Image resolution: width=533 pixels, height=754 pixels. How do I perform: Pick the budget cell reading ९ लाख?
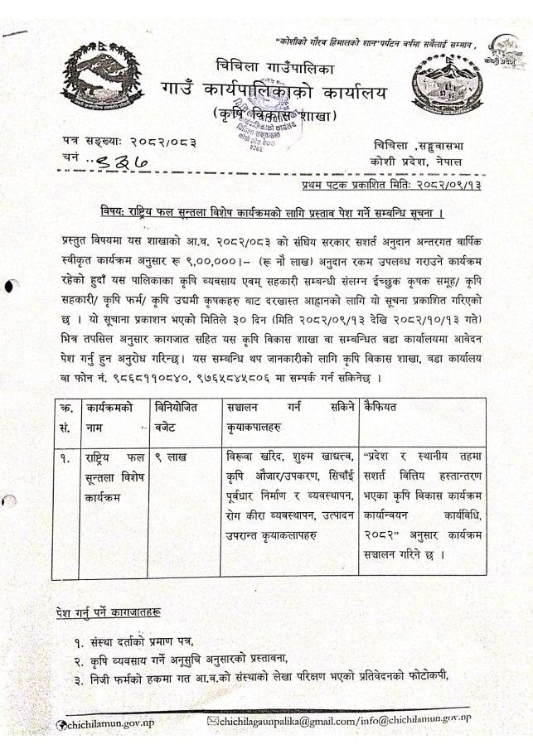[x=175, y=457]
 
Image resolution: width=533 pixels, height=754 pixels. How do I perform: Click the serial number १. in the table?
[x=65, y=457]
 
